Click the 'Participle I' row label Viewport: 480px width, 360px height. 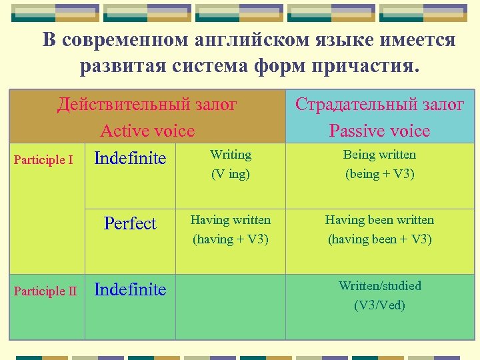pyautogui.click(x=44, y=160)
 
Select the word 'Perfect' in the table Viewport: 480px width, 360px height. pyautogui.click(x=130, y=224)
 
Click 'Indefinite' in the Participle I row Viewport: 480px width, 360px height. pyautogui.click(x=130, y=159)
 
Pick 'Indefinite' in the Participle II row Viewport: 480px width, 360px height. pyautogui.click(x=130, y=290)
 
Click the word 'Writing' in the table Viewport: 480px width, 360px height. pyautogui.click(x=231, y=155)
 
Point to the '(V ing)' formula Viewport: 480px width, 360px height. pyautogui.click(x=231, y=174)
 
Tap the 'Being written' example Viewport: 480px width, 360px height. pyautogui.click(x=379, y=155)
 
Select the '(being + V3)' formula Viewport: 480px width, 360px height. pyautogui.click(x=379, y=174)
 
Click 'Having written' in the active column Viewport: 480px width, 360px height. pyautogui.click(x=231, y=220)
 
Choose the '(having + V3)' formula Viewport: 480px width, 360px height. pyautogui.click(x=231, y=239)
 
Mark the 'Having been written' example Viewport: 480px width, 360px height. pyautogui.click(x=379, y=220)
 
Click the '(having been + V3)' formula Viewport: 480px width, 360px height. pyautogui.click(x=379, y=239)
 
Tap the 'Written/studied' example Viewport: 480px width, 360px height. pyautogui.click(x=380, y=286)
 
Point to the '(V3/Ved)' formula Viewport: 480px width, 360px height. pyautogui.click(x=380, y=305)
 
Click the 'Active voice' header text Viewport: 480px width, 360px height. pyautogui.click(x=147, y=131)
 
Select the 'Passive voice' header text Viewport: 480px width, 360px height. pyautogui.click(x=380, y=131)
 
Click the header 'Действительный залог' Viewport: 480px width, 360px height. pyautogui.click(x=147, y=105)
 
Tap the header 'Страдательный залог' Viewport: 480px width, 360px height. pyautogui.click(x=380, y=105)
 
